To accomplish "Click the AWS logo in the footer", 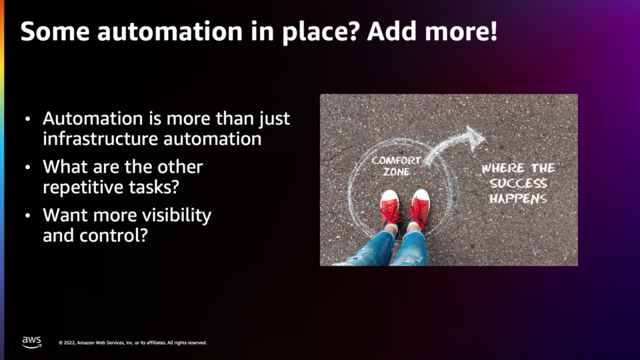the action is click(32, 342).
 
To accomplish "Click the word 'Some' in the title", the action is click(55, 31).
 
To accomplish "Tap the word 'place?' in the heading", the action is click(321, 32).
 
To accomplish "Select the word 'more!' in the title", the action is click(461, 31).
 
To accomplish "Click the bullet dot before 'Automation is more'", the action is click(28, 119).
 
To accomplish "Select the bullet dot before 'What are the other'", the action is click(28, 167).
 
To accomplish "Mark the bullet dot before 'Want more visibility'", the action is click(28, 215).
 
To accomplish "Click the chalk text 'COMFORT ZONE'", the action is click(396, 166).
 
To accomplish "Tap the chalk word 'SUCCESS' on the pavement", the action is click(519, 183).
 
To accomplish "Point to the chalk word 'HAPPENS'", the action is click(519, 199).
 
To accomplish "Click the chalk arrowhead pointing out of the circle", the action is click(475, 138).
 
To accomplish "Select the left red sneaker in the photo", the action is click(390, 209).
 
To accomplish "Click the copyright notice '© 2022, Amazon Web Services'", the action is click(133, 343).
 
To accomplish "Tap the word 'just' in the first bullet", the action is click(274, 119).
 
